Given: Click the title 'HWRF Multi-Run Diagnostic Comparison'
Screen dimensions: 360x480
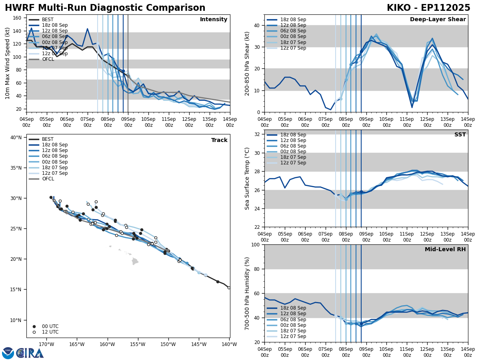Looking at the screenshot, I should (x=105, y=8).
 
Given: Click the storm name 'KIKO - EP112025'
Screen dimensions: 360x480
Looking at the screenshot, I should (x=428, y=8).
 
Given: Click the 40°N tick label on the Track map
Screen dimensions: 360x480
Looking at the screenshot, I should (x=16, y=137).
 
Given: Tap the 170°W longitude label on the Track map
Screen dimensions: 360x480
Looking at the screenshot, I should (x=46, y=344).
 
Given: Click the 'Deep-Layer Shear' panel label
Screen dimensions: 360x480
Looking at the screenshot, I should (x=438, y=20).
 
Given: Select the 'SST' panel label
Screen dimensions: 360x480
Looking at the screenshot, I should (x=460, y=135).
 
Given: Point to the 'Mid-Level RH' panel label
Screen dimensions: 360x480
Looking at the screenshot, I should (x=445, y=250).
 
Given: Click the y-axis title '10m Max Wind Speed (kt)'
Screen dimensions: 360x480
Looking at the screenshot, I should (x=8, y=63).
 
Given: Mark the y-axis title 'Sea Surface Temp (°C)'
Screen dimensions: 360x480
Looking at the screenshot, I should (x=247, y=178).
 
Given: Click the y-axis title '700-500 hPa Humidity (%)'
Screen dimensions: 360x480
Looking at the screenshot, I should (x=247, y=293).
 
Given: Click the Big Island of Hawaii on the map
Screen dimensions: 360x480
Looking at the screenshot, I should (x=135, y=262).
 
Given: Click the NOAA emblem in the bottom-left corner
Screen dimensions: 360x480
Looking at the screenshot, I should (x=8, y=353).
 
